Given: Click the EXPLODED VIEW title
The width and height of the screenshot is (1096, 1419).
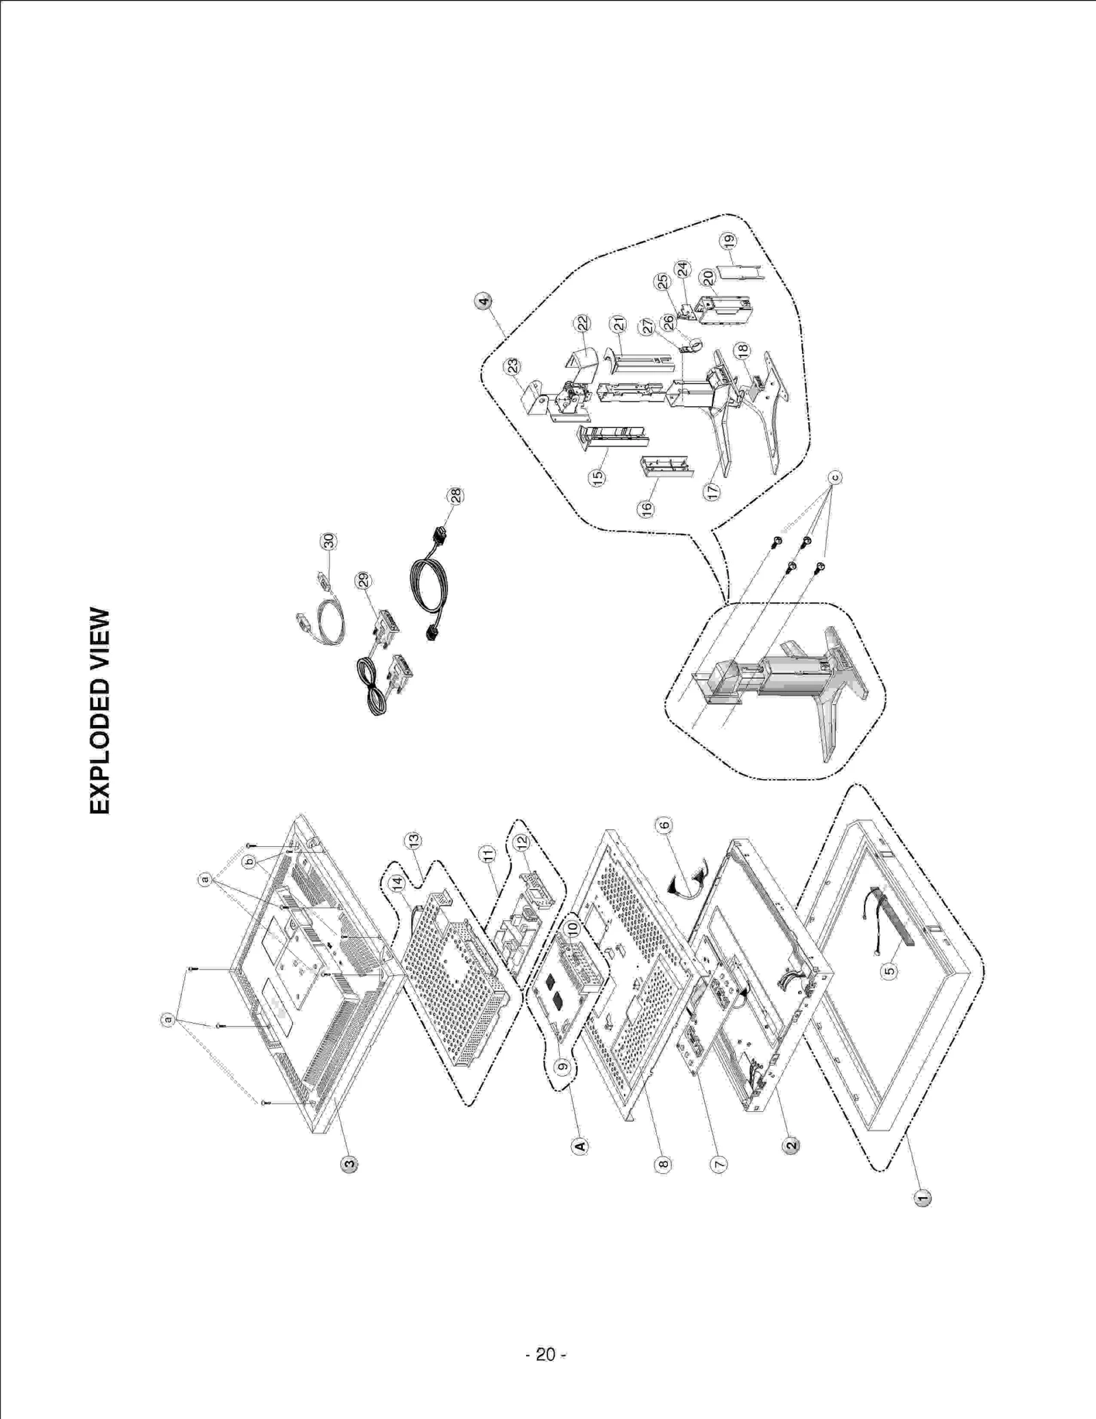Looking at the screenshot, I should click(x=100, y=711).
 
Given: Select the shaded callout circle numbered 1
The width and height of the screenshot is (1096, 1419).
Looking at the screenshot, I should click(x=923, y=1197).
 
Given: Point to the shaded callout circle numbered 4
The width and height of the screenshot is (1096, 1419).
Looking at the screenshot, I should click(x=484, y=301).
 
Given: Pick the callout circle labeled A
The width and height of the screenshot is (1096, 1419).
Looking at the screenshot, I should click(x=580, y=1146).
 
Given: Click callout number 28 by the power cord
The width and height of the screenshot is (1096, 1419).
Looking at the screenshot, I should click(x=455, y=495).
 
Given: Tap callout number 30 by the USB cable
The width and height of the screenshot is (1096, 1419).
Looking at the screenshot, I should click(x=329, y=541).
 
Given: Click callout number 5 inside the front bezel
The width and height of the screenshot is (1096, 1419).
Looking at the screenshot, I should click(x=888, y=971).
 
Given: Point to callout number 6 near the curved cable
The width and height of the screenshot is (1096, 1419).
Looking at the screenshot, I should click(x=664, y=825).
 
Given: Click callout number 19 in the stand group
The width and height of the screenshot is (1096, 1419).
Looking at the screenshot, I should click(x=729, y=240).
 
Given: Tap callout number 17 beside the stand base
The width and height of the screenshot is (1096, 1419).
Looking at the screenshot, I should click(x=713, y=491).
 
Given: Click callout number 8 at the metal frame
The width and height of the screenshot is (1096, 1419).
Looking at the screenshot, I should click(x=662, y=1163).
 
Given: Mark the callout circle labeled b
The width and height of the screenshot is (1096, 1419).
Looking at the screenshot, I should click(x=249, y=861).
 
